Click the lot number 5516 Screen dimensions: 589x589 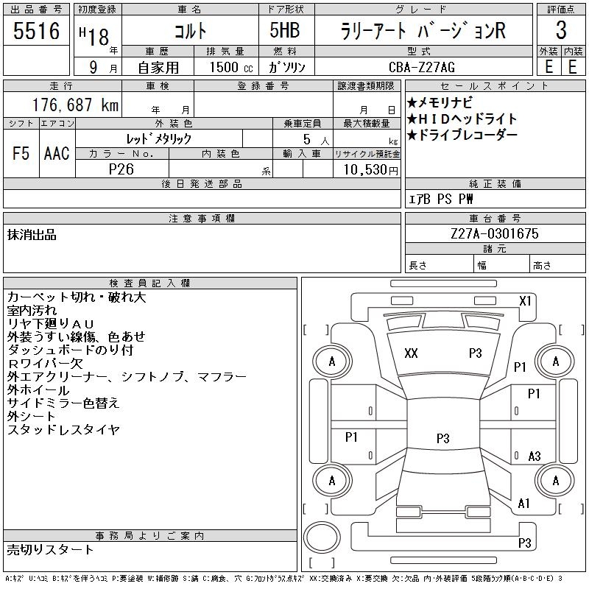pos(37,31)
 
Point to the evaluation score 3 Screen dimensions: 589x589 pos(561,31)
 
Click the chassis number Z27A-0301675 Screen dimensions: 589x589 pos(495,234)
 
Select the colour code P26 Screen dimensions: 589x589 pos(121,169)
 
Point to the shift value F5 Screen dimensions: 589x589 pos(21,153)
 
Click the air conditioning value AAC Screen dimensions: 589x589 pos(57,153)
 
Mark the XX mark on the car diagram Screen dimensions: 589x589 pos(411,353)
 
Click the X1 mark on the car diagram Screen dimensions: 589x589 pos(525,301)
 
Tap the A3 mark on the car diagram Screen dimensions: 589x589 pos(535,456)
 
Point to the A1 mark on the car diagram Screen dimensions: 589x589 pos(524,504)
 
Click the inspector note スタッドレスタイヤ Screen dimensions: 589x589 pos(63,430)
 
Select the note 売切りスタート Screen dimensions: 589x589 pos(50,549)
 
